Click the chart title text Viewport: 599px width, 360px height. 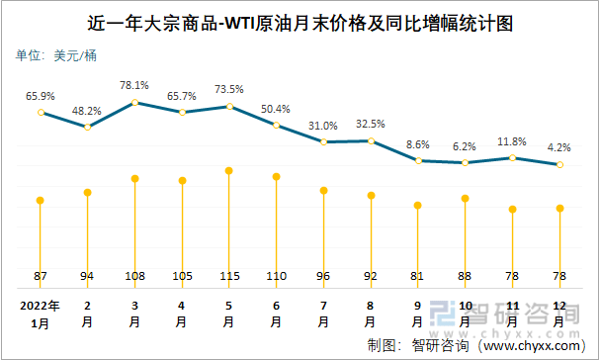[x=300, y=22]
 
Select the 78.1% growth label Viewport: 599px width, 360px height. [x=134, y=85]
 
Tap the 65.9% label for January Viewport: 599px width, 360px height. [x=41, y=96]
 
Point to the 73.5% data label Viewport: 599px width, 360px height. [x=229, y=89]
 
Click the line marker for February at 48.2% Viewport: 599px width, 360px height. [x=88, y=127]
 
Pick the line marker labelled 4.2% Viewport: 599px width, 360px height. [x=559, y=164]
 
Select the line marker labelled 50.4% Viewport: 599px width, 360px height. [x=276, y=126]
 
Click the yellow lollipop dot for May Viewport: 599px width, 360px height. [x=228, y=171]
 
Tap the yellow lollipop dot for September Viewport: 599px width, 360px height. [x=418, y=205]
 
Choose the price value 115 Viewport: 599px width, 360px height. [x=228, y=274]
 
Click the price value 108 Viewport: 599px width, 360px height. [x=134, y=274]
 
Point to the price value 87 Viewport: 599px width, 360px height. [x=41, y=274]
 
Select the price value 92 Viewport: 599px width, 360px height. [x=371, y=274]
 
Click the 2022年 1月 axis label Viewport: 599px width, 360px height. [x=41, y=314]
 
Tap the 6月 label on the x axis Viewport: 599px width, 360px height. [x=276, y=314]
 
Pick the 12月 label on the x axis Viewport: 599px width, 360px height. [x=559, y=314]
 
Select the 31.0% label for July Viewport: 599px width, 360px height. [x=323, y=126]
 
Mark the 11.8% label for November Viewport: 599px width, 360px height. [x=512, y=141]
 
